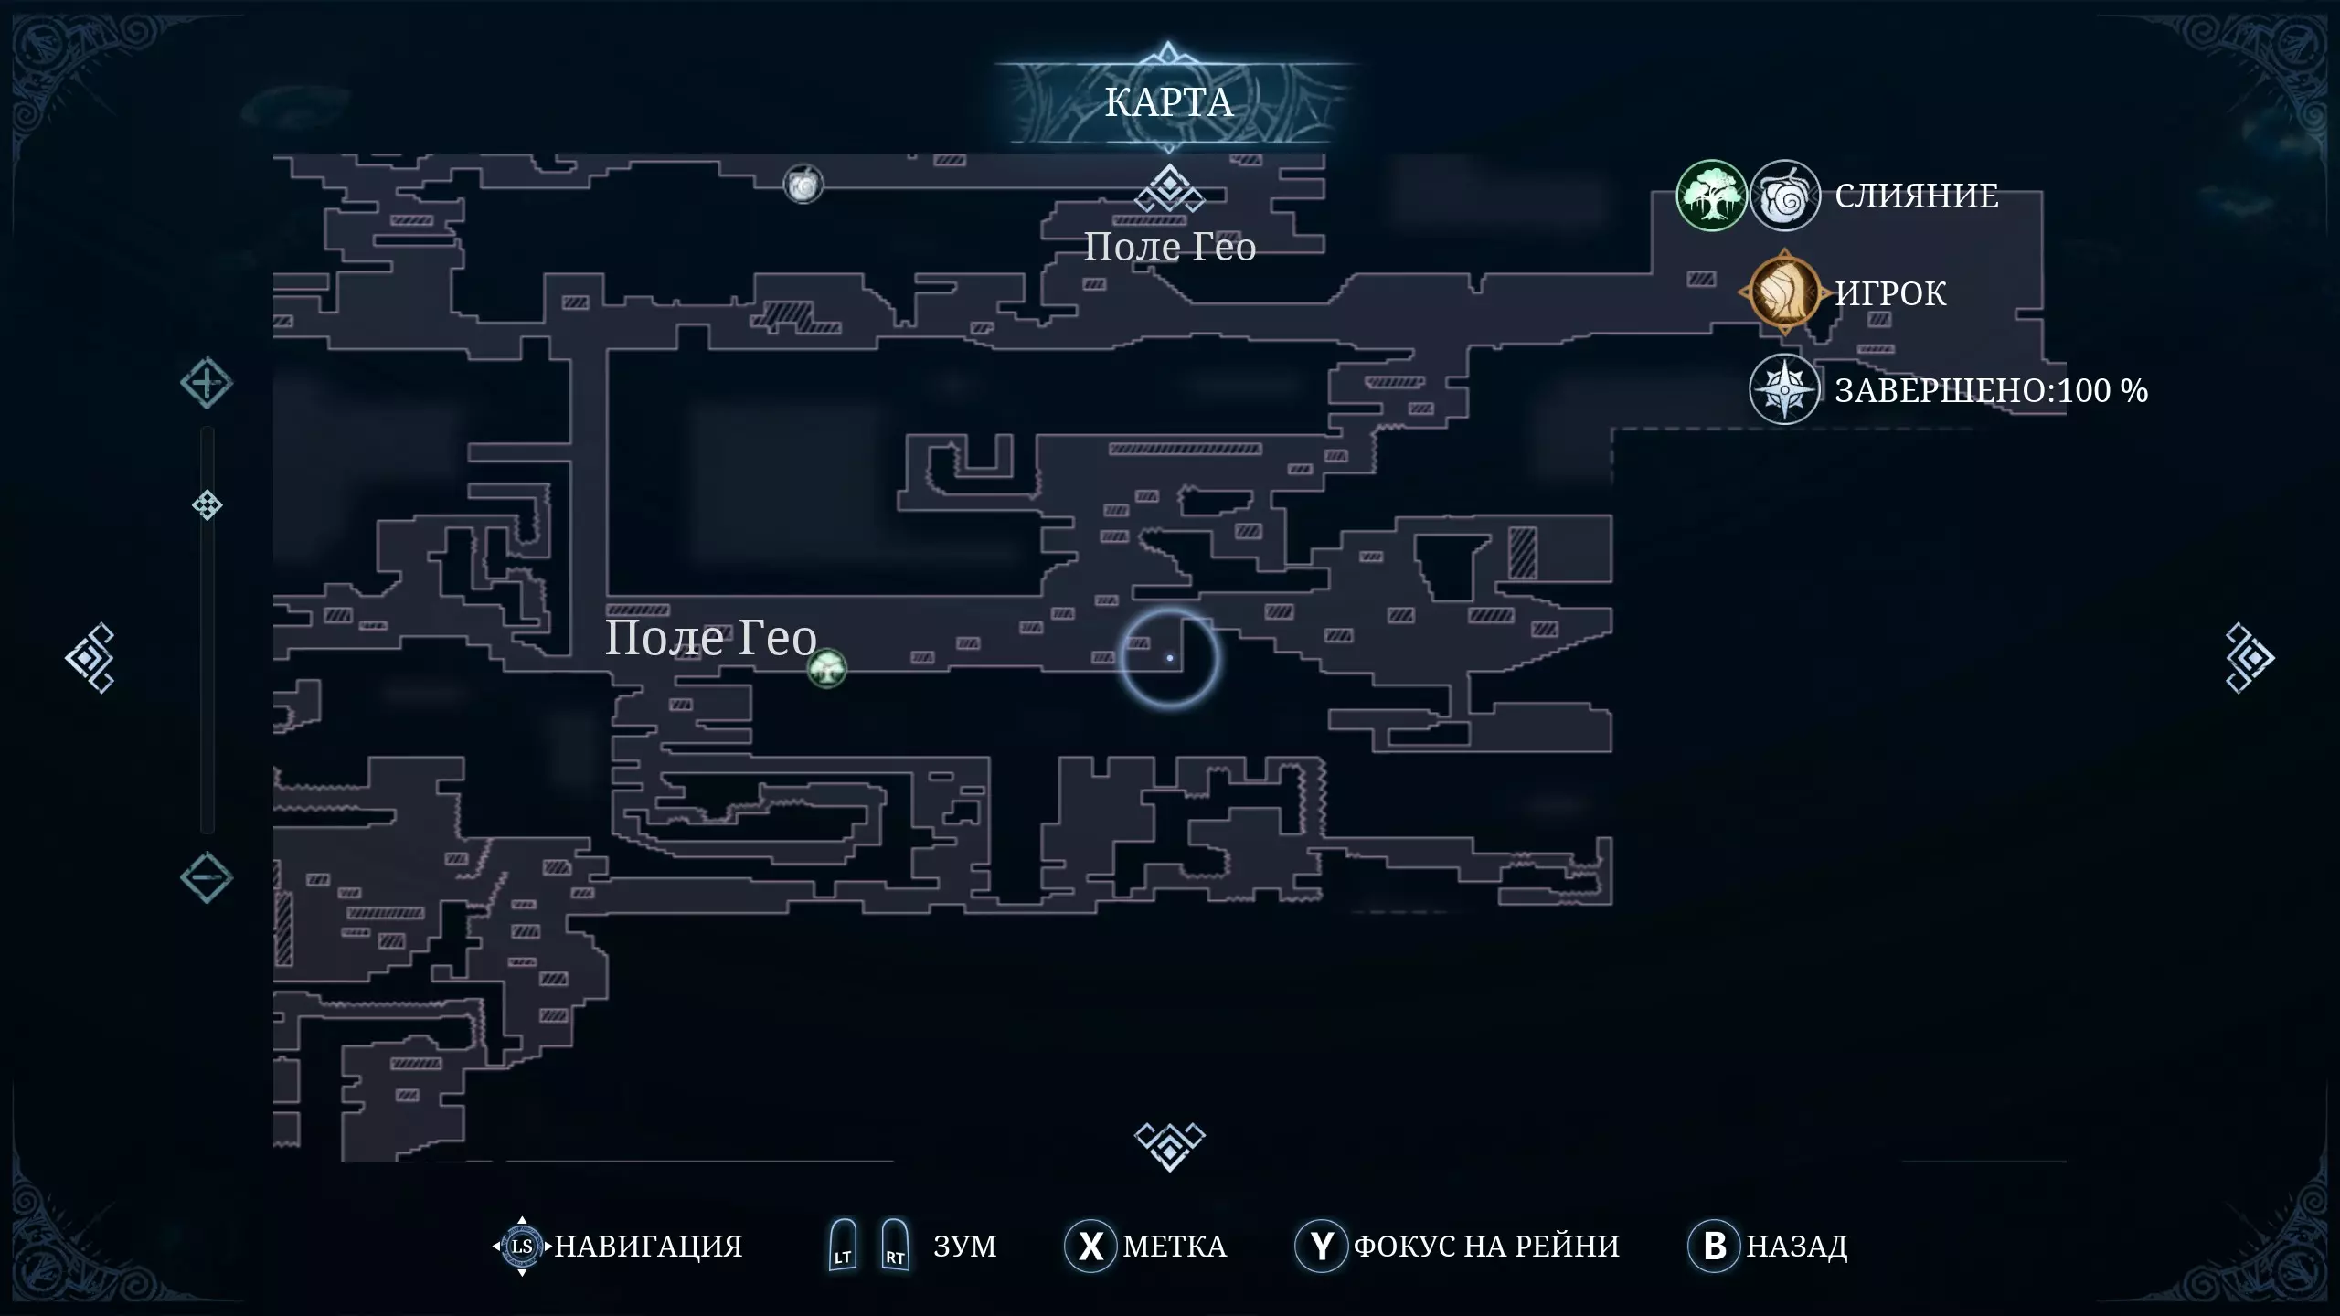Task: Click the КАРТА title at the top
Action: (1169, 102)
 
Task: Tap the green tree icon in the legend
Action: (1711, 196)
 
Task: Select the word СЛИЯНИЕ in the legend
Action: (1917, 196)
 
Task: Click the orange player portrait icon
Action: (1784, 293)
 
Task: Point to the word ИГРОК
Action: (1890, 293)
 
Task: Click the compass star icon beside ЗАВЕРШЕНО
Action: (1784, 390)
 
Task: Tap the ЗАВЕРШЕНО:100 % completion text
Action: (1991, 391)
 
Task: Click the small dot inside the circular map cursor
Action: (1170, 658)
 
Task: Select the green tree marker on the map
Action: (827, 668)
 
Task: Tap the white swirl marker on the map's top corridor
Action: (803, 186)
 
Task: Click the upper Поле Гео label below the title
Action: (1169, 248)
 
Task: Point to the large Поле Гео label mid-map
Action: (711, 637)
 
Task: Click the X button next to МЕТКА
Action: (1090, 1246)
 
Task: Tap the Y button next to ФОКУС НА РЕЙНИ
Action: (1322, 1246)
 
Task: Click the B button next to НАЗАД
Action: (1715, 1246)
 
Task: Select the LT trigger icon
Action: (843, 1245)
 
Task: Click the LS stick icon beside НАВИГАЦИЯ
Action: (522, 1246)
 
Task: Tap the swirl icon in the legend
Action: (1784, 196)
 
